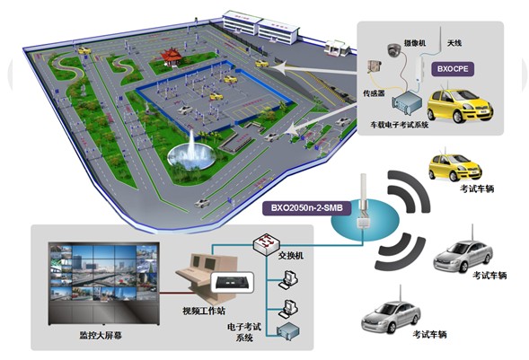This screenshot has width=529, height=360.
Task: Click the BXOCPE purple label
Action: click(x=453, y=69)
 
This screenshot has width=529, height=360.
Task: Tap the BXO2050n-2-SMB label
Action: click(x=306, y=208)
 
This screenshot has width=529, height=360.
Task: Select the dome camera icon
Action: click(x=393, y=50)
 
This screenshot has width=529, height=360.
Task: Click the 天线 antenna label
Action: click(x=454, y=43)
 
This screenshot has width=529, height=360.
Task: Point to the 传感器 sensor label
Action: click(x=374, y=93)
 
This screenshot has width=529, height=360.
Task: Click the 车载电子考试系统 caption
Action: click(x=400, y=125)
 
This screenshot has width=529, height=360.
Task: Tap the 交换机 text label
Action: click(x=291, y=256)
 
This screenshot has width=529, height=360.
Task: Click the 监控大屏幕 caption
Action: click(x=101, y=336)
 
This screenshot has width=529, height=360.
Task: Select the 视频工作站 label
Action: click(x=204, y=311)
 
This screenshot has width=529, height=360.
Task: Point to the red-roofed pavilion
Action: click(x=171, y=57)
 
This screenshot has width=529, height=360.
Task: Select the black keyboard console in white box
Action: click(x=233, y=283)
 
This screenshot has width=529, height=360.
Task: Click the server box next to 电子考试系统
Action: click(x=288, y=330)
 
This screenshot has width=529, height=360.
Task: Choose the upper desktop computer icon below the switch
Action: click(x=288, y=279)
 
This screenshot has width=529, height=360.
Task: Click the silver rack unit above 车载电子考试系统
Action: click(x=407, y=103)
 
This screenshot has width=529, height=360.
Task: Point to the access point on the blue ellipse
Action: click(x=364, y=204)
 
